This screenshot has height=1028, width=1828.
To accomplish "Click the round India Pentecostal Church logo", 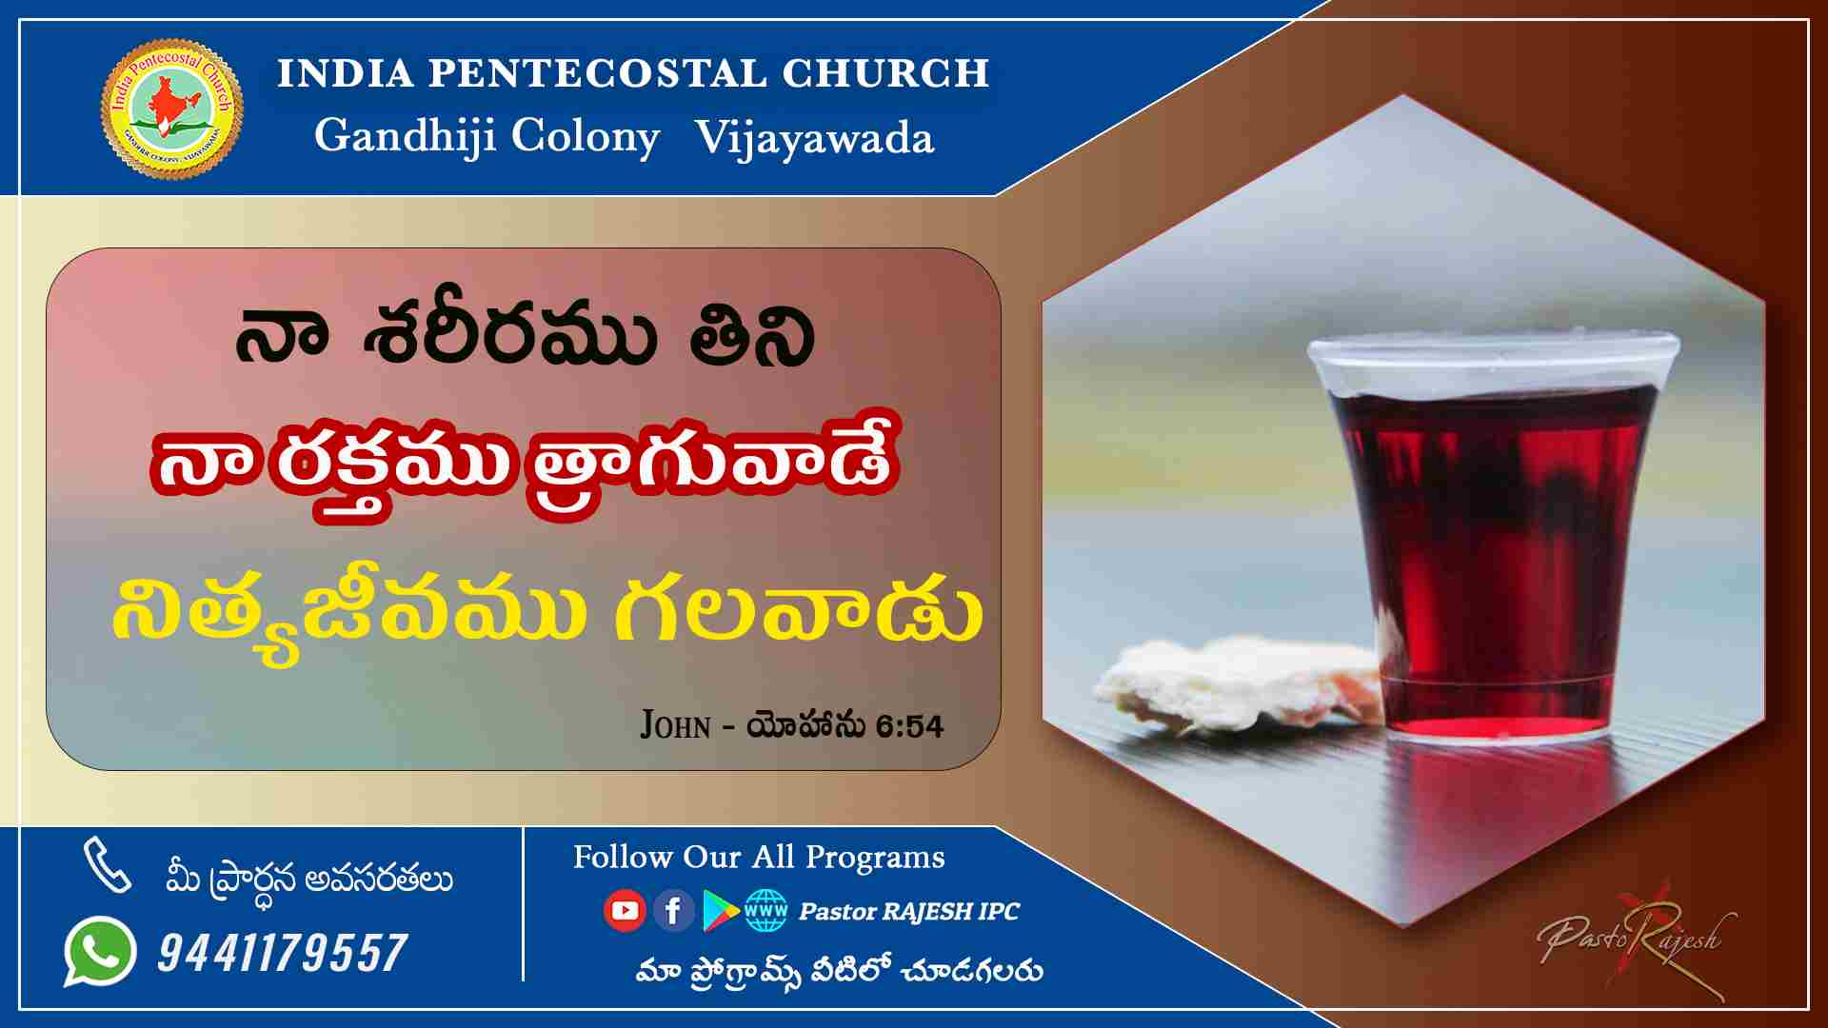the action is [x=171, y=108].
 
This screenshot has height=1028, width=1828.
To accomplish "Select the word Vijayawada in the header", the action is [x=815, y=138].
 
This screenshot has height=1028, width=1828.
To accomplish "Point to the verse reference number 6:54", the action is [x=910, y=727].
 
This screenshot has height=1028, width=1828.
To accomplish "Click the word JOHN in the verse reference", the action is [x=676, y=725].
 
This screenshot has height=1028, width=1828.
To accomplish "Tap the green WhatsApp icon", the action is [x=100, y=951].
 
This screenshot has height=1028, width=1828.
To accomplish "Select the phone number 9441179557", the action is [x=283, y=953].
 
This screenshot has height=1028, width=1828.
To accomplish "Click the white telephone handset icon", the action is [x=107, y=865].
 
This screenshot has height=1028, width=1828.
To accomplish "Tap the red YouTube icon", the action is [x=625, y=911].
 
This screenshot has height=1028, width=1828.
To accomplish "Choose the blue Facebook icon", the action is [x=673, y=911].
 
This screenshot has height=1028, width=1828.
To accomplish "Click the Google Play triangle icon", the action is [x=721, y=911].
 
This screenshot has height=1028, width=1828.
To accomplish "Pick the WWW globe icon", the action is [x=766, y=911].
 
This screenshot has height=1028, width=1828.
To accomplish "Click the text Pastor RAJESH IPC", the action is [x=909, y=912].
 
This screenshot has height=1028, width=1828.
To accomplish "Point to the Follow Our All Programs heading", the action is [x=759, y=858].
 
